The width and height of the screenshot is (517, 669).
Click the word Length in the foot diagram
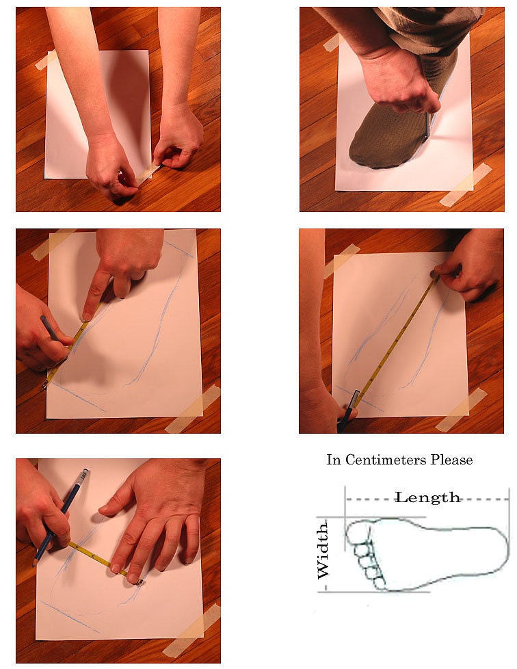click(x=427, y=497)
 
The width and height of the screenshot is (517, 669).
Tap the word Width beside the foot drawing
click(x=323, y=550)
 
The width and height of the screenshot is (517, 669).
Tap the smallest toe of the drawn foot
click(x=379, y=583)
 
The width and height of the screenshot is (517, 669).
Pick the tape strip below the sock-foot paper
click(x=465, y=184)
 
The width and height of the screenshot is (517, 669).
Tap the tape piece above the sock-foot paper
click(x=331, y=42)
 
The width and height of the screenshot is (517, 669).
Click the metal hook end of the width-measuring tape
click(x=139, y=581)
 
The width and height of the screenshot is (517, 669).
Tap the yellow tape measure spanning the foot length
click(x=397, y=339)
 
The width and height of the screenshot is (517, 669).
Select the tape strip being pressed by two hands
click(x=149, y=170)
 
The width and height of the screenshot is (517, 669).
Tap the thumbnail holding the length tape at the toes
click(x=434, y=273)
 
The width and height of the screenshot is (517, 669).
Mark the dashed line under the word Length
click(x=427, y=499)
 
